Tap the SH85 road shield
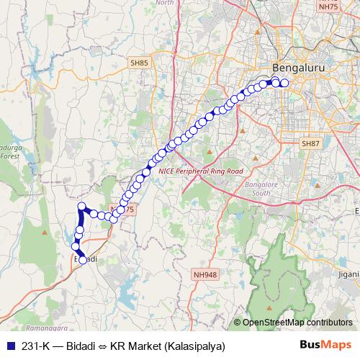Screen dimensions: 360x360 click(140, 63)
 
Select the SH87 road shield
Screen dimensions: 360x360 click(310, 144)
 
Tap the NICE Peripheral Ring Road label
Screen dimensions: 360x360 click(201, 171)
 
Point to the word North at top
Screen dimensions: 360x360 click(165, 3)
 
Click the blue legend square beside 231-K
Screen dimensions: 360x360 click(9, 345)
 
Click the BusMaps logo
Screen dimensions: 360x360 click(326, 345)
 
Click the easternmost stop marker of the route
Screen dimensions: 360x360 click(284, 83)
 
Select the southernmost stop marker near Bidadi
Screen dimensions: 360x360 click(83, 261)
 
